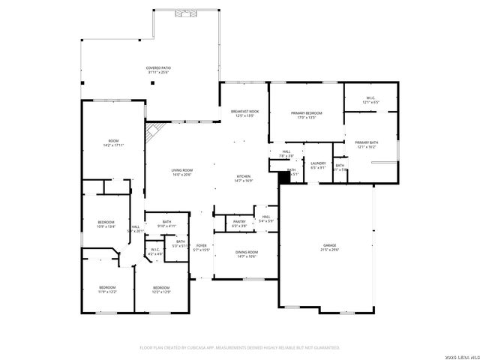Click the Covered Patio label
pos(157,70)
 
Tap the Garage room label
pos(331,247)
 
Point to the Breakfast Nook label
pos(245,113)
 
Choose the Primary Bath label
pos(367,144)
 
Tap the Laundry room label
pos(318,165)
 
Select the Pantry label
pos(239,223)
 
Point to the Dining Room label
pos(246,253)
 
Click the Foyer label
pos(202,247)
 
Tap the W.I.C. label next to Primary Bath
pos(370,98)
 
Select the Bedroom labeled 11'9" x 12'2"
pos(107,289)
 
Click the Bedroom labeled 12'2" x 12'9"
pos(161,289)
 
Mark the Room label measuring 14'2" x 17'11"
pos(113,142)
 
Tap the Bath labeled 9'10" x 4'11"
pos(166,223)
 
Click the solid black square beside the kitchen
pos(283,178)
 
